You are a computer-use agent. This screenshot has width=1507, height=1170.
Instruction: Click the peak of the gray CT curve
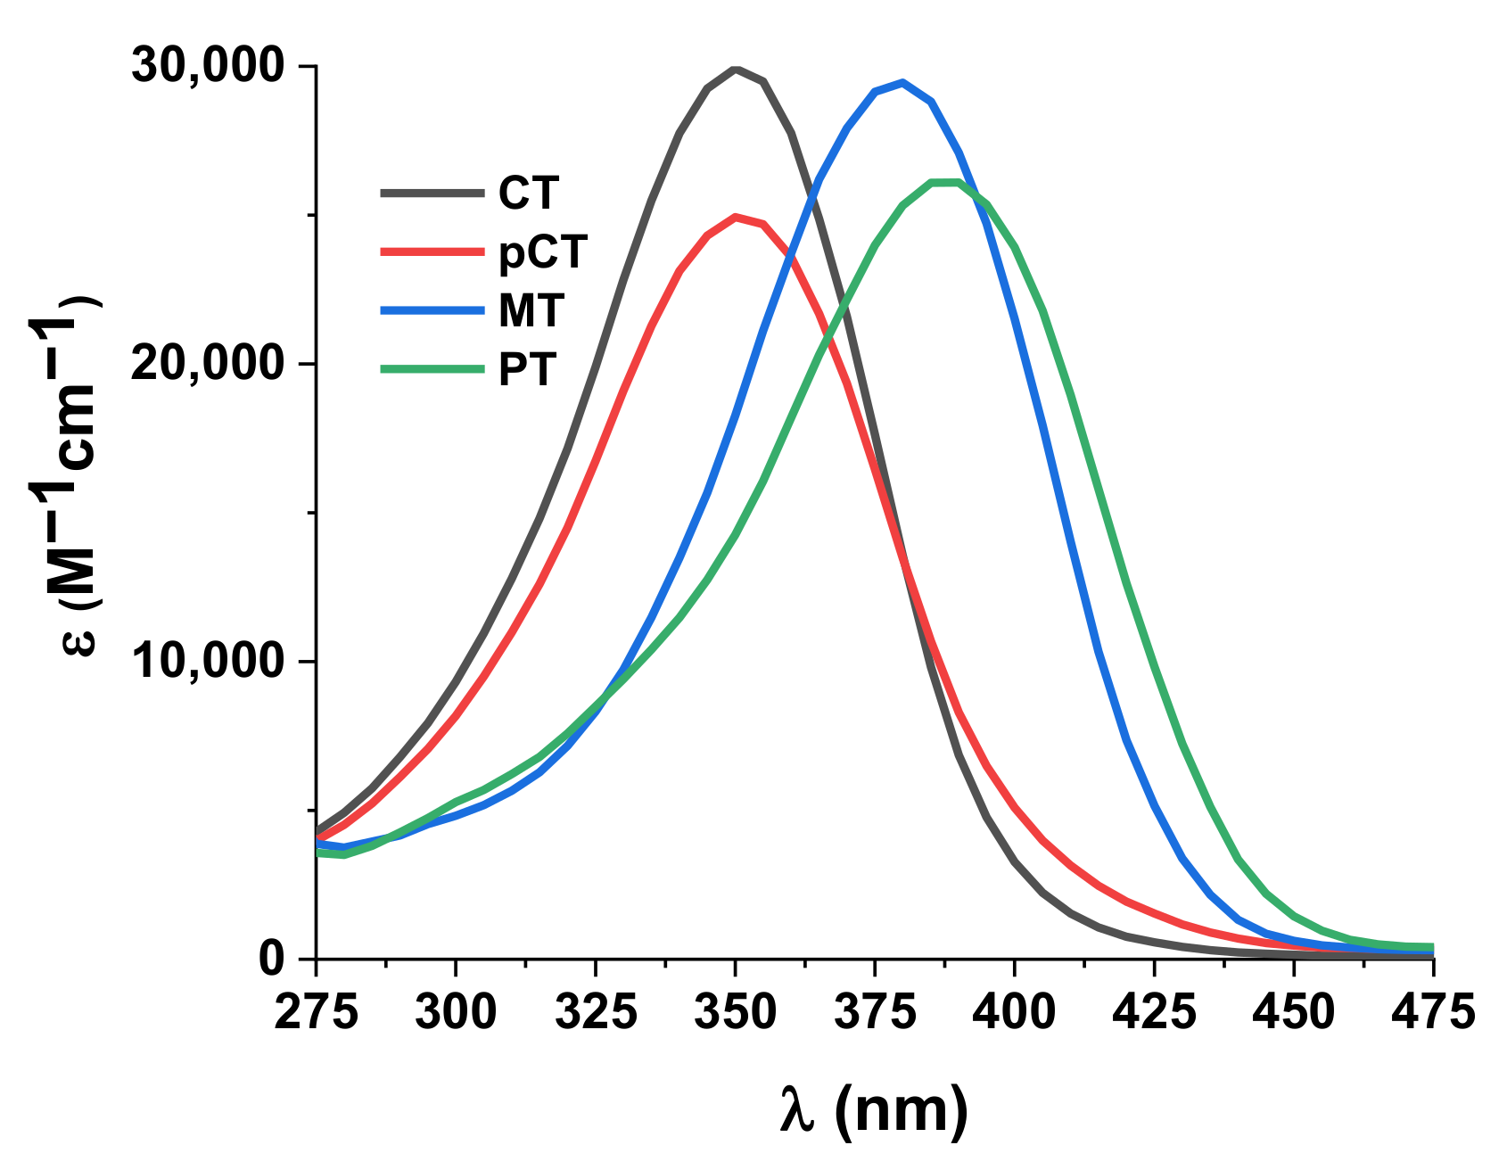point(736,70)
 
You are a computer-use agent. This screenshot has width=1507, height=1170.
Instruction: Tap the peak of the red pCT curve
point(736,217)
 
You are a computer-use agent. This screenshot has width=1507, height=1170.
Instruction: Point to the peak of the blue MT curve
point(902,83)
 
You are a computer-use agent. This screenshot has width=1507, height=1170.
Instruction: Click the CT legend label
point(529,194)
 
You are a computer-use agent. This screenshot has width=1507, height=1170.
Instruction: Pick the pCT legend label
point(543,252)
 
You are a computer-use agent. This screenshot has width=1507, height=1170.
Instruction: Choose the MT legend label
point(531,310)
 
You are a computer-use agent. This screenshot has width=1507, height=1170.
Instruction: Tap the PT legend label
point(528,369)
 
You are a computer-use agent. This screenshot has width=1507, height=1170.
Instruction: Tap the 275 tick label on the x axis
point(316,1012)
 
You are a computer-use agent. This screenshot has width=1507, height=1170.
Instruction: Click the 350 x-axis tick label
point(735,1012)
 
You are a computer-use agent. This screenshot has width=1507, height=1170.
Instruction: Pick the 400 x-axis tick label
point(1014,1012)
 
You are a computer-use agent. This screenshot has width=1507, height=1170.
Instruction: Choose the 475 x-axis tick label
point(1432,1012)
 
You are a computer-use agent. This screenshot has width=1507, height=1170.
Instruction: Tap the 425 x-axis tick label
point(1154,1012)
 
